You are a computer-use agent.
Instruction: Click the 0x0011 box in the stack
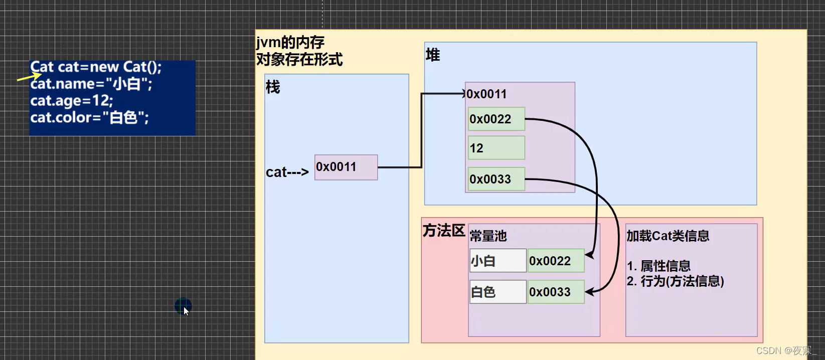[346, 167]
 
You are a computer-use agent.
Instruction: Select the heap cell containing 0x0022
[496, 119]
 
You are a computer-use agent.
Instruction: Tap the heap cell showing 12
[496, 148]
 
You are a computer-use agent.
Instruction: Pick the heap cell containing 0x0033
[496, 179]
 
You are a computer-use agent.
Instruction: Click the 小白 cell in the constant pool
[498, 261]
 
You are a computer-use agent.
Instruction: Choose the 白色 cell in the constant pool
[498, 292]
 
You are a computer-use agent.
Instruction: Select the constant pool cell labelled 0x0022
[556, 261]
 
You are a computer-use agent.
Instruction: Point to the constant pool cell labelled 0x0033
[556, 292]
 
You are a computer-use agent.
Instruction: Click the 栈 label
[273, 87]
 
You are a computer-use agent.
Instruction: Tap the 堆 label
[432, 55]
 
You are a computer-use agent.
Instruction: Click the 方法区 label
[444, 231]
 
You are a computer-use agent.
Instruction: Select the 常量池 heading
[488, 236]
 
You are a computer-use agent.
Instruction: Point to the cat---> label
[287, 172]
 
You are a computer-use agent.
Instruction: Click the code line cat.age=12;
[72, 101]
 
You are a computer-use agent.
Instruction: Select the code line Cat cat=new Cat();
[96, 67]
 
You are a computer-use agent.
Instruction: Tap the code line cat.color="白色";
[89, 118]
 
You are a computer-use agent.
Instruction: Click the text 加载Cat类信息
[668, 236]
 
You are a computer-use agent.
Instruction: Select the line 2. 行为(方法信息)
[675, 281]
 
